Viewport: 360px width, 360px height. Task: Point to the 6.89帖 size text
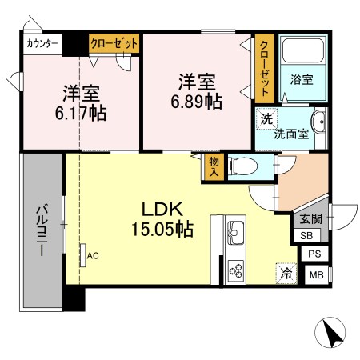tap(197, 102)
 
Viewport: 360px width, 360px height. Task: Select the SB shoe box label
tap(307, 235)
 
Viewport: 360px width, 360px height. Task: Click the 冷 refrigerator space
tap(284, 273)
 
